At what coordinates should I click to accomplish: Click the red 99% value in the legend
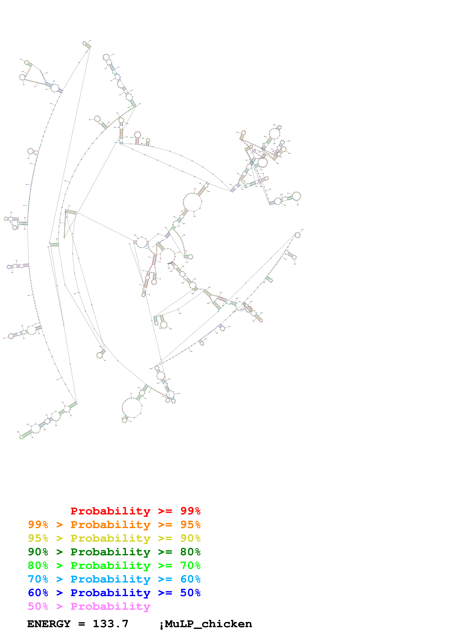click(190, 511)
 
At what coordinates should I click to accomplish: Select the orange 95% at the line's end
click(190, 525)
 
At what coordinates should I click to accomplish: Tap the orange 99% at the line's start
click(38, 525)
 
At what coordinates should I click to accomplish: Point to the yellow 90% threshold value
click(190, 538)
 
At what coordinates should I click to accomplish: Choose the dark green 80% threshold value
click(190, 552)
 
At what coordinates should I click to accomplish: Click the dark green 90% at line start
click(38, 552)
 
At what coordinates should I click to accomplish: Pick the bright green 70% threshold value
click(190, 565)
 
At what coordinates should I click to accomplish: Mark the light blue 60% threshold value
click(190, 579)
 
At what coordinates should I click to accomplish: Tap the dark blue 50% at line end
click(190, 593)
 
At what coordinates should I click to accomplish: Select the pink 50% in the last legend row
click(38, 606)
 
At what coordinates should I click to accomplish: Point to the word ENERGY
click(49, 624)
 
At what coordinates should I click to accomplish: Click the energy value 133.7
click(110, 624)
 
